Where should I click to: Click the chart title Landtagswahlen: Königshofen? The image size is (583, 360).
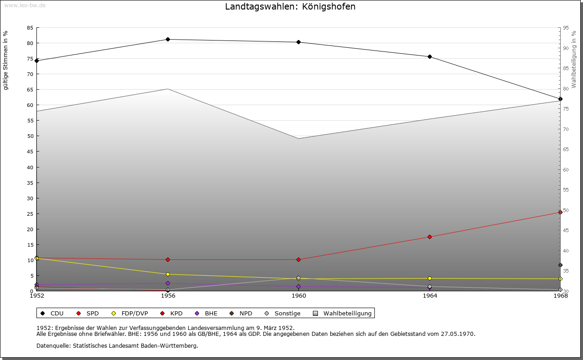(x=290, y=7)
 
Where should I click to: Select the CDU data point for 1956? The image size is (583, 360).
(x=168, y=40)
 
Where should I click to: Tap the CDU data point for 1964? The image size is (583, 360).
(x=430, y=57)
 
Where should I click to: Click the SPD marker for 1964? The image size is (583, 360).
(x=430, y=237)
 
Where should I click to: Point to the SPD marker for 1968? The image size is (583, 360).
(x=560, y=212)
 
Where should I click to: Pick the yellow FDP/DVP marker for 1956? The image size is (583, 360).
(x=168, y=274)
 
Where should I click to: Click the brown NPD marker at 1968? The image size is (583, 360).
(x=560, y=265)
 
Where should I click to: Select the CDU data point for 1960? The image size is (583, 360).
(x=299, y=42)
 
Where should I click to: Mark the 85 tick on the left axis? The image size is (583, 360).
(x=30, y=28)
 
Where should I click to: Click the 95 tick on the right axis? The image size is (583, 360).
(x=566, y=28)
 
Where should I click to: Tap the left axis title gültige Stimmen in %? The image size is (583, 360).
(x=6, y=61)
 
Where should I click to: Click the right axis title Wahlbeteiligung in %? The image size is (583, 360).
(x=574, y=60)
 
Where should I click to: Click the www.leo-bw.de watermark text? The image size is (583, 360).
(x=25, y=5)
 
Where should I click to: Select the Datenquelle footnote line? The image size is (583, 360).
(x=117, y=346)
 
